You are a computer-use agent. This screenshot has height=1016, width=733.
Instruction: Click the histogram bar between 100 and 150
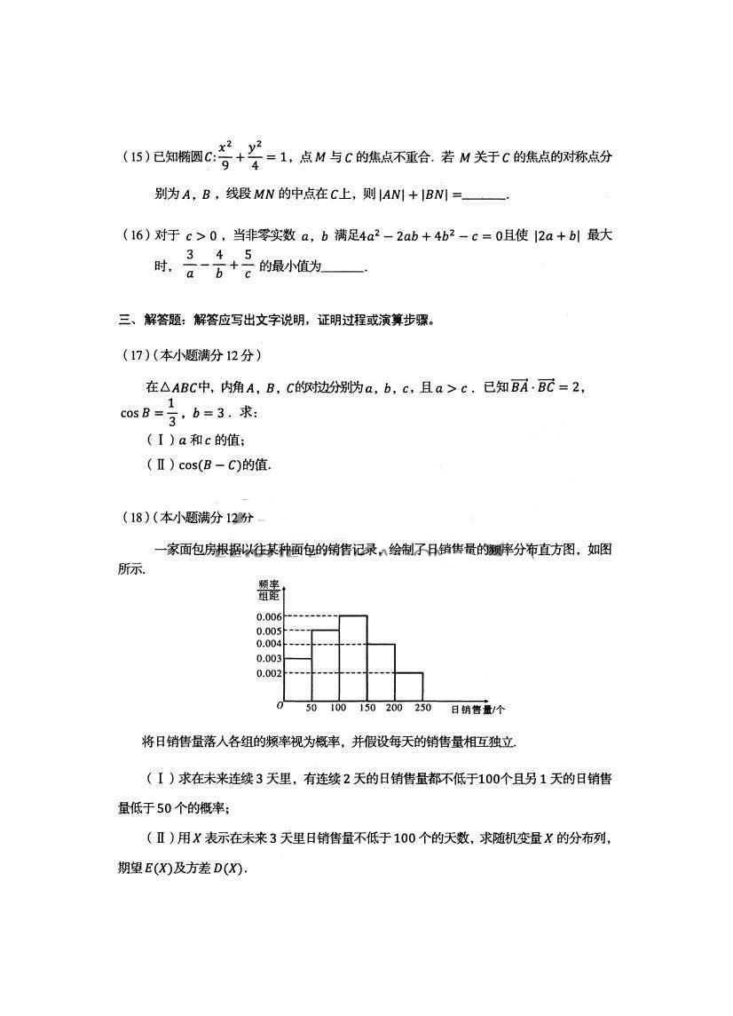pos(353,657)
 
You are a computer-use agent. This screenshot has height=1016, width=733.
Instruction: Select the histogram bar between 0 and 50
pos(298,679)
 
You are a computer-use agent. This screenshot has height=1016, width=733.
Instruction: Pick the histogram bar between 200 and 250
pos(408,686)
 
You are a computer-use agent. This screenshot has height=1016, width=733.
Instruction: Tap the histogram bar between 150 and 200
pos(381,671)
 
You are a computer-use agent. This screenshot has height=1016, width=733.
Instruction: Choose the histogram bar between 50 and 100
pos(326,664)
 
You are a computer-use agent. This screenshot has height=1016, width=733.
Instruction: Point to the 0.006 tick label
pos(269,616)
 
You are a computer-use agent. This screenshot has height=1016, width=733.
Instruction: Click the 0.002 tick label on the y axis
pos(269,673)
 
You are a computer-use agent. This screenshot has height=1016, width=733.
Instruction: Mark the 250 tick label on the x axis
pos(422,709)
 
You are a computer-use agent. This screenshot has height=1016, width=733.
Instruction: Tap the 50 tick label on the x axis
pos(311,709)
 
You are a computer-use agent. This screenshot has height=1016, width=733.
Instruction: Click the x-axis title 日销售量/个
pos(477,710)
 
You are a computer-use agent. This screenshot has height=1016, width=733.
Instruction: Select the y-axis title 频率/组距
pos(269,590)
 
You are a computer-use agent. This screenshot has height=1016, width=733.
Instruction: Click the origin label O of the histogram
pos(280,705)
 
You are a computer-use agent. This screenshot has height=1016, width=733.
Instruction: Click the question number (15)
pos(137,158)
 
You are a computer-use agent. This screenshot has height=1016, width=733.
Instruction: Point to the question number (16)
pos(137,236)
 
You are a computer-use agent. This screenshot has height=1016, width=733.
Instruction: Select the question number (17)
pos(137,355)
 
